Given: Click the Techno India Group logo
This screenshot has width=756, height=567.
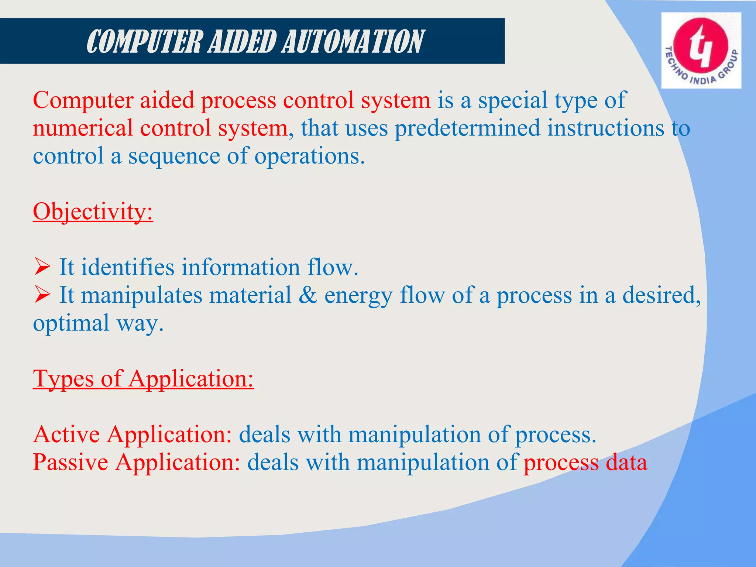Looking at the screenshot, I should pos(701,51).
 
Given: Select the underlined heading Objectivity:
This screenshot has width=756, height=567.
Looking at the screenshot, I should pos(93,212).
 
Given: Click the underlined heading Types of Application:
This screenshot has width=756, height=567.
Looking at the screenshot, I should pos(143,379).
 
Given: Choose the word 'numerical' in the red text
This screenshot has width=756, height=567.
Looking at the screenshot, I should pos(83,128).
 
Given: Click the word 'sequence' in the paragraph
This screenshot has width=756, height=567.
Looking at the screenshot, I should pos(173,156).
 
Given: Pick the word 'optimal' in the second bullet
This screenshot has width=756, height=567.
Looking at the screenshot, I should pos(71,323).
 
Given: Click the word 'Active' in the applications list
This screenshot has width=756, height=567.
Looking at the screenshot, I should pos(66,434).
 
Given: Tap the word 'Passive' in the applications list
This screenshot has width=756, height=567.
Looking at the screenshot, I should pos(71,462).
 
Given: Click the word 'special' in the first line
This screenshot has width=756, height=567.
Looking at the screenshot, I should pos(513,100).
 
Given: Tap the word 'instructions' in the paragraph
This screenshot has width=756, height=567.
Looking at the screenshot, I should pos(605,128).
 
